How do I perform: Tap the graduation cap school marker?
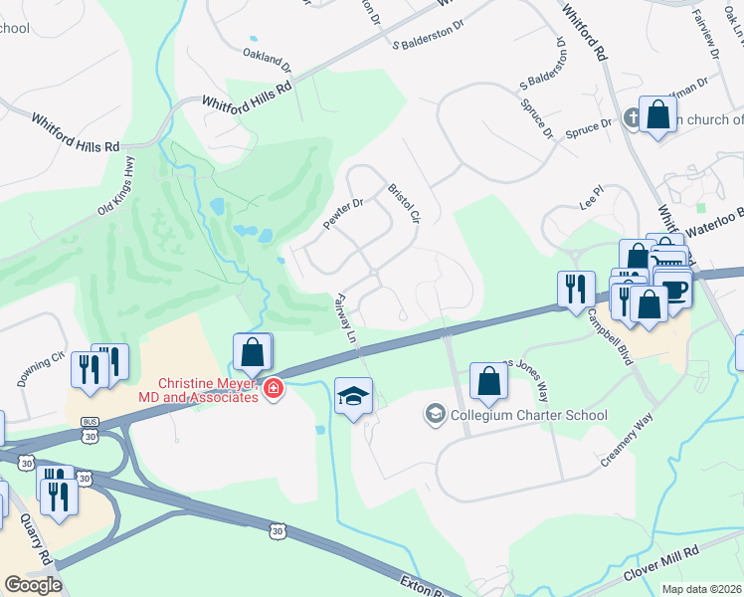click(354, 397)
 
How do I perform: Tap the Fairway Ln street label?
click(345, 318)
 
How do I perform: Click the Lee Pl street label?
click(592, 199)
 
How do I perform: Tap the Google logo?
click(33, 584)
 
